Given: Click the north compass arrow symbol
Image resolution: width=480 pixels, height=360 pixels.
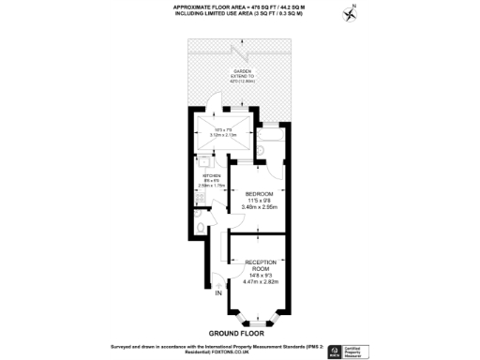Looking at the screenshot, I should (x=352, y=13).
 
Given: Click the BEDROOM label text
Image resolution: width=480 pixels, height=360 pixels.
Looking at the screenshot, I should (x=259, y=194).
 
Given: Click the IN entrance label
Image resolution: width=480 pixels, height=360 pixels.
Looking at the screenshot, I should (x=218, y=295).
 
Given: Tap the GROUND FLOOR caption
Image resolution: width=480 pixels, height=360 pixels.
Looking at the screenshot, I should (x=235, y=332).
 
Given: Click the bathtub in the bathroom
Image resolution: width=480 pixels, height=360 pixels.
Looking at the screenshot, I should (x=266, y=143).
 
